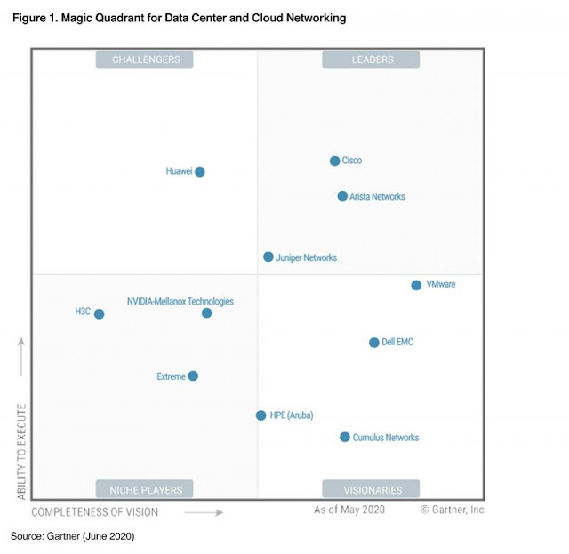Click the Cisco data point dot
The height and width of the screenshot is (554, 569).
click(334, 161)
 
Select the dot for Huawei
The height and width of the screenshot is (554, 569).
click(200, 171)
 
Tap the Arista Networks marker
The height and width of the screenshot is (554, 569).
click(342, 196)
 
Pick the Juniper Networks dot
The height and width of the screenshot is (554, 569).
click(268, 257)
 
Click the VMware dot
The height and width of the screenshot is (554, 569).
click(416, 285)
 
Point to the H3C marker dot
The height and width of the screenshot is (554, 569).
click(99, 313)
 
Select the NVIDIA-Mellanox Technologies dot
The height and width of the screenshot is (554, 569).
click(206, 313)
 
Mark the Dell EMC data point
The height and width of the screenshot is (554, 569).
click(373, 342)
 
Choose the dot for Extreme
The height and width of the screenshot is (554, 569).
click(193, 376)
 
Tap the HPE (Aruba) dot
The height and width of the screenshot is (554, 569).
click(260, 415)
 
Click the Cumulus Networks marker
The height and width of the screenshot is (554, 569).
click(344, 437)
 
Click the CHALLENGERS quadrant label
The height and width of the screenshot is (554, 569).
click(145, 59)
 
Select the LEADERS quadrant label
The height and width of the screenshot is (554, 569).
click(371, 59)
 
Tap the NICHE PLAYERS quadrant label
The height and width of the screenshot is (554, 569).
click(145, 489)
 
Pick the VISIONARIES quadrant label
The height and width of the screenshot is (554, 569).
click(371, 489)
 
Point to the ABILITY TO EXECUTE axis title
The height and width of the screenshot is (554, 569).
click(21, 451)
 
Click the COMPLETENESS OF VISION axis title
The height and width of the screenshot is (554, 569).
click(95, 512)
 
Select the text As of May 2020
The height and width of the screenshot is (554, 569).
click(349, 510)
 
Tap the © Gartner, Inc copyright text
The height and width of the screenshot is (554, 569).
click(453, 510)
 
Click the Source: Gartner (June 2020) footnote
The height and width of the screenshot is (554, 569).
click(72, 537)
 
